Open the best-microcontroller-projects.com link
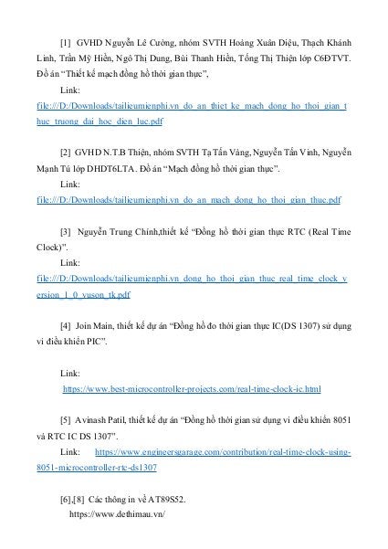pos(191,389)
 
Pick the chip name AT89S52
pos(163,499)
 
